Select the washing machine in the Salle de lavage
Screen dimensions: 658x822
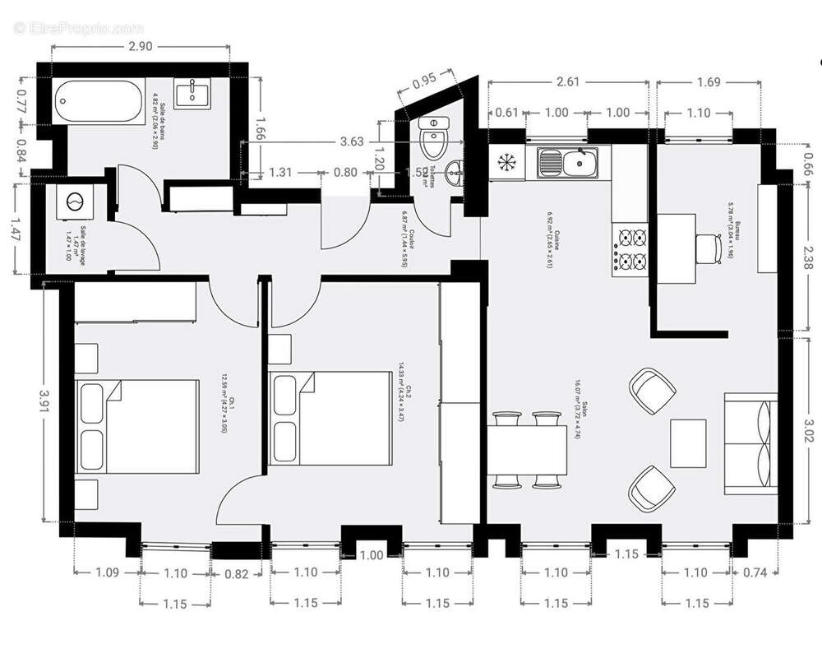76,202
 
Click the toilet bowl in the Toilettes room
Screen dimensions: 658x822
432,138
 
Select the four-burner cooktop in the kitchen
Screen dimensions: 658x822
630,250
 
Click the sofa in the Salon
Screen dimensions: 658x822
750,443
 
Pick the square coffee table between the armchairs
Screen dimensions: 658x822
688,443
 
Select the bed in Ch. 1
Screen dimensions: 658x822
138,426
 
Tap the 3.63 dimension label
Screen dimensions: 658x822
351,141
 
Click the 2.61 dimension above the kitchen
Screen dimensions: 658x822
567,81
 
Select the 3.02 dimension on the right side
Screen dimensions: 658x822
809,429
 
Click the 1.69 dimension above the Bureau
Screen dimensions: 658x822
708,81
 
